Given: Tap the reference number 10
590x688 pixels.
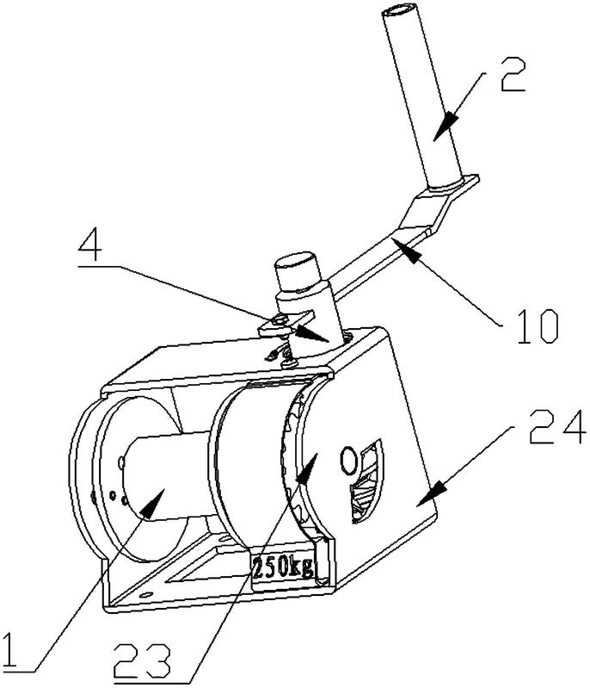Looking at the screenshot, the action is [538, 326].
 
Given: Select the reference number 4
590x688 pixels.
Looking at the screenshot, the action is [90, 247].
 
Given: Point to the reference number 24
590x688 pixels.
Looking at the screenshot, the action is [557, 426].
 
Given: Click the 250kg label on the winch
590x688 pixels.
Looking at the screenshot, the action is [284, 568].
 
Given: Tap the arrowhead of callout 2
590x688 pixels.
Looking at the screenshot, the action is [444, 124].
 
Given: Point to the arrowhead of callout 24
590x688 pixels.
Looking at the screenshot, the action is [430, 493].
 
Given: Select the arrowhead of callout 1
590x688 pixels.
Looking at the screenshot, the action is [151, 504].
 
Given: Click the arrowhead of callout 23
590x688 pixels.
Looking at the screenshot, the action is [307, 468].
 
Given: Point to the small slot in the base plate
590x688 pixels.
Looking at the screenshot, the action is [145, 594].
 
